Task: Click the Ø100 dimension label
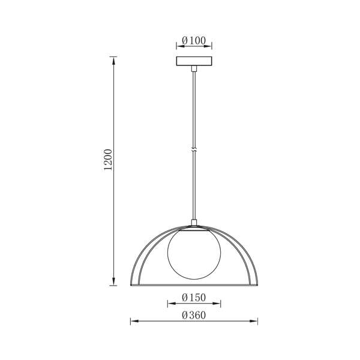pyautogui.click(x=194, y=41)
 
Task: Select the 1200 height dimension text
pyautogui.click(x=108, y=160)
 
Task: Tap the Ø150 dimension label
pyautogui.click(x=194, y=298)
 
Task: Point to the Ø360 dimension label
pyautogui.click(x=194, y=315)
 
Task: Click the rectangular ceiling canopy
pyautogui.click(x=194, y=61)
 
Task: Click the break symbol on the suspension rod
pyautogui.click(x=194, y=150)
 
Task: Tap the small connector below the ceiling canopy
pyautogui.click(x=194, y=68)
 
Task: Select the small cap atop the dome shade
pyautogui.click(x=194, y=222)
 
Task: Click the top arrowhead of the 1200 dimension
pyautogui.click(x=113, y=61)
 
